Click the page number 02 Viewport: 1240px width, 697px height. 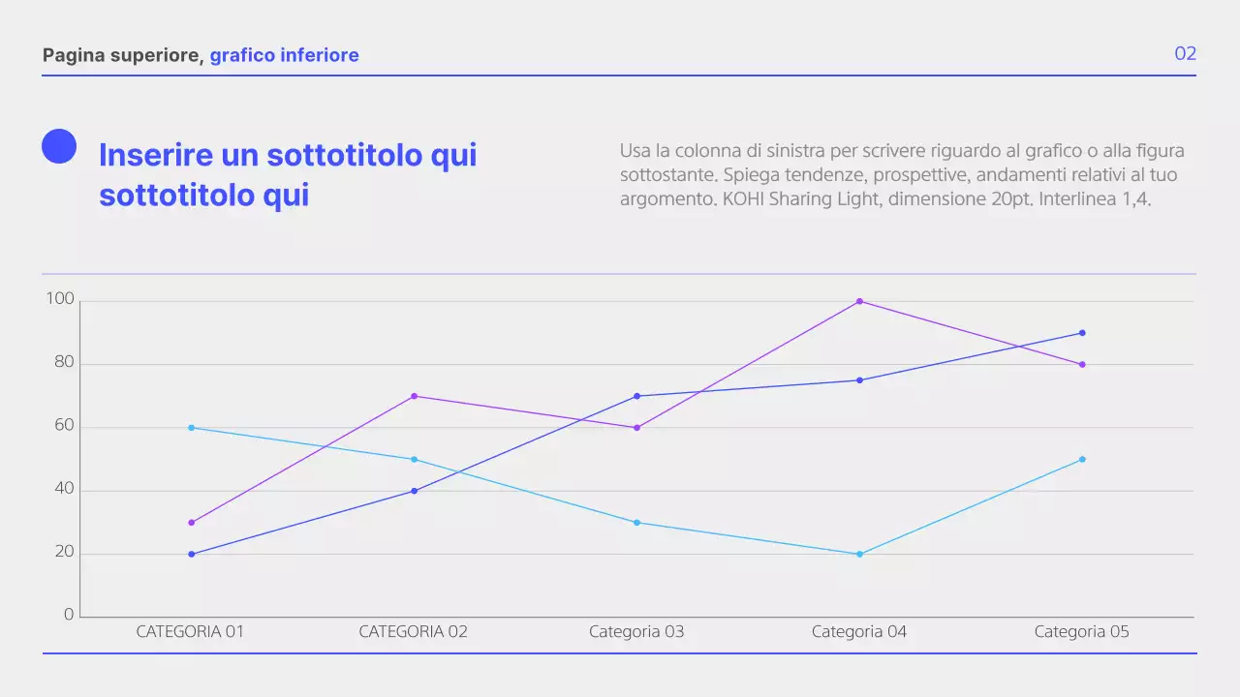1185,54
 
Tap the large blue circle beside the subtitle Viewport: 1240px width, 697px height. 59,146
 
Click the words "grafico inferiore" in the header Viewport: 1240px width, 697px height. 284,55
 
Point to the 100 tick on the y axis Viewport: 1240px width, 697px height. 60,300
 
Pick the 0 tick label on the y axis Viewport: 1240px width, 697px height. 68,615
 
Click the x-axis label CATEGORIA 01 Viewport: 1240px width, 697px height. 190,632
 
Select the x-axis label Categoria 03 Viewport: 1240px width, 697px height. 636,632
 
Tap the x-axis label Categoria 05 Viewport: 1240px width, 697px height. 1081,632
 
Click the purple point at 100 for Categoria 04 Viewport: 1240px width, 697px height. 859,301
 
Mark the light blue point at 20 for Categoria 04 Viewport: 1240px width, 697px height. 859,554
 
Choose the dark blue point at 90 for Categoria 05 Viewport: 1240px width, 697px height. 1082,333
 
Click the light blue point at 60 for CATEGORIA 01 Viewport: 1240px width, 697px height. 191,428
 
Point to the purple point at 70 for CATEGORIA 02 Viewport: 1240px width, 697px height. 414,396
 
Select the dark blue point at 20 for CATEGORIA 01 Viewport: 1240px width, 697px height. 191,554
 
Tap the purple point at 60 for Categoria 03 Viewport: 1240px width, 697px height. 636,428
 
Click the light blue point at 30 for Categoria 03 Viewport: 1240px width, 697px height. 636,523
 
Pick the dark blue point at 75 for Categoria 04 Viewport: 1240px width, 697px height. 859,380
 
